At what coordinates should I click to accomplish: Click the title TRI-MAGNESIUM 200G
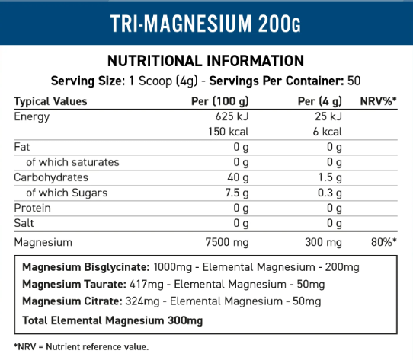pyautogui.click(x=206, y=24)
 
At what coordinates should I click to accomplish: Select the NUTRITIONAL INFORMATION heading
pyautogui.click(x=206, y=61)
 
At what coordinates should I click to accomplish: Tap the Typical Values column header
pyautogui.click(x=50, y=101)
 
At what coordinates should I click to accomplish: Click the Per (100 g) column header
pyautogui.click(x=220, y=101)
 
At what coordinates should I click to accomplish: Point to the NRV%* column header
pyautogui.click(x=378, y=101)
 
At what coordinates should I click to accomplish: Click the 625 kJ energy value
pyautogui.click(x=232, y=116)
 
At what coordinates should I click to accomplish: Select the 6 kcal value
pyautogui.click(x=327, y=132)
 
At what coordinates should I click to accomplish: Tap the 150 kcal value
pyautogui.click(x=228, y=132)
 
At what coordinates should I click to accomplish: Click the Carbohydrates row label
pyautogui.click(x=51, y=177)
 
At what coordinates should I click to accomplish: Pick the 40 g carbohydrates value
pyautogui.click(x=238, y=177)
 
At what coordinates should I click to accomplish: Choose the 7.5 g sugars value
pyautogui.click(x=236, y=193)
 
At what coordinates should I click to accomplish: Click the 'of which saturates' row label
pyautogui.click(x=72, y=162)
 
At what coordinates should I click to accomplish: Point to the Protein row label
pyautogui.click(x=32, y=208)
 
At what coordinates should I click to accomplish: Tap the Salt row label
pyautogui.click(x=24, y=223)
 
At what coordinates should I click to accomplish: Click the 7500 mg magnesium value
pyautogui.click(x=227, y=242)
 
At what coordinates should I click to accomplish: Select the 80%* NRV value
pyautogui.click(x=384, y=242)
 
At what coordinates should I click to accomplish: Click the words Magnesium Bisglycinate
pyautogui.click(x=86, y=267)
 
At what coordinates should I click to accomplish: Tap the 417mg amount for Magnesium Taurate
pyautogui.click(x=146, y=285)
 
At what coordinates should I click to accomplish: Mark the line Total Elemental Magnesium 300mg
pyautogui.click(x=113, y=320)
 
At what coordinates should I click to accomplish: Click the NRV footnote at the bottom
pyautogui.click(x=81, y=347)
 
